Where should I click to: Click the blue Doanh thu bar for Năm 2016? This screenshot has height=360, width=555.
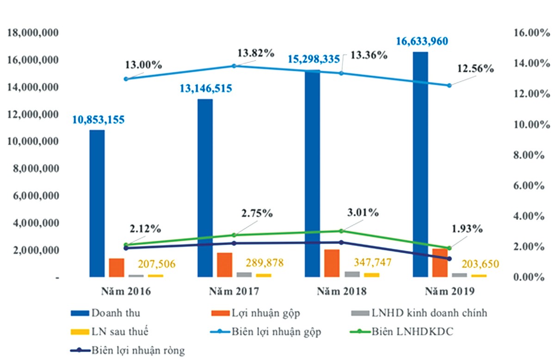(97, 203)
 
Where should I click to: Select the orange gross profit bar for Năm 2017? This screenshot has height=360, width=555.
(224, 265)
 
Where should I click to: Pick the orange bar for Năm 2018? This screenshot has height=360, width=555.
(332, 263)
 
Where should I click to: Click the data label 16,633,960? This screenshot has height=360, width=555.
(421, 42)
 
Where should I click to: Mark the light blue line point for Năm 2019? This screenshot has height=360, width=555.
(449, 85)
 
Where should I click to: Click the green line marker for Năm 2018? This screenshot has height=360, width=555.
(341, 231)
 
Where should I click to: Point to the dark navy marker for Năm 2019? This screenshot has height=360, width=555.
(449, 259)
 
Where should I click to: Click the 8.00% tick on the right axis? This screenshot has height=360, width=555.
(528, 155)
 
